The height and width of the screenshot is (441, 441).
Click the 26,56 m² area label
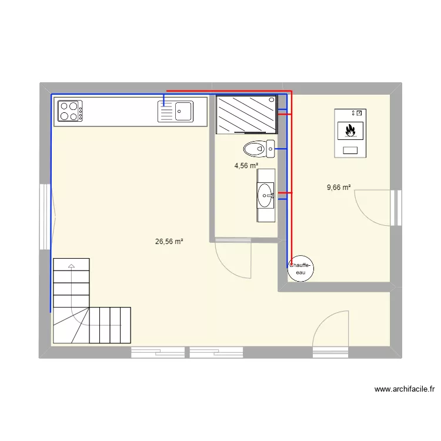(169, 241)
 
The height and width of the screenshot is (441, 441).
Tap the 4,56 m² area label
(246, 166)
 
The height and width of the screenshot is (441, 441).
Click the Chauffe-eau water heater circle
(301, 269)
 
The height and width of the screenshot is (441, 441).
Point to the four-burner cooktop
(69, 111)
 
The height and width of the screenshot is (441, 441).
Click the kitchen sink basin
(183, 111)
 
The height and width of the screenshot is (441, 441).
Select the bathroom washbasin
(265, 195)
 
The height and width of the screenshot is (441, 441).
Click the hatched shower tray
(246, 115)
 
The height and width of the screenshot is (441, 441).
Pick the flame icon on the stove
(350, 129)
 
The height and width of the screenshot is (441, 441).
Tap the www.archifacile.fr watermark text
(404, 389)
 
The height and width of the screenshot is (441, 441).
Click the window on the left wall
(45, 216)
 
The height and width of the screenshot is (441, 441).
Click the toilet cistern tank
(270, 149)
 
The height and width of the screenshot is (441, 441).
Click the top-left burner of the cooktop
(63, 106)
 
